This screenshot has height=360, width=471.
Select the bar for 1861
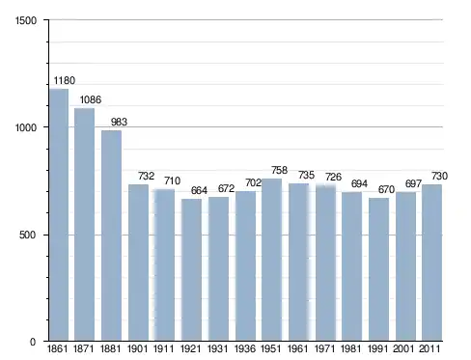(59, 214)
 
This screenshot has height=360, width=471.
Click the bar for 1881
(111, 235)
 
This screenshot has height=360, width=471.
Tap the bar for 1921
(191, 269)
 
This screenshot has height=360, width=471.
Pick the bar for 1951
(271, 260)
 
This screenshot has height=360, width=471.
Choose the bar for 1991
(378, 269)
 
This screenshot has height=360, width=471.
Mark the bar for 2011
(431, 263)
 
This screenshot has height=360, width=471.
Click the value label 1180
(65, 80)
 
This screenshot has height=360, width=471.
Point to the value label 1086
(91, 99)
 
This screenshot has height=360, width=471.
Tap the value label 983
(119, 122)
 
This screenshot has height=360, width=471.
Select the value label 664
(199, 190)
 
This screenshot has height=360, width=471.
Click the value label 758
(279, 170)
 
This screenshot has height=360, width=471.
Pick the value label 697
(413, 183)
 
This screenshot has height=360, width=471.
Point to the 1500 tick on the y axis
(26, 20)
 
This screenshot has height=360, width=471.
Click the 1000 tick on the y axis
(26, 127)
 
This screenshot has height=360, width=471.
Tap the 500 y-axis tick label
(27, 235)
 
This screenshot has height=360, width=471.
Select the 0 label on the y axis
(33, 342)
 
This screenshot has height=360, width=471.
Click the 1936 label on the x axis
(245, 348)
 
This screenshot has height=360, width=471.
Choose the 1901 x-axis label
(138, 348)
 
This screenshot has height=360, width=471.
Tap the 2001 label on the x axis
(403, 348)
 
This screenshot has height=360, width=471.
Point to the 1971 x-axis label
(325, 348)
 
